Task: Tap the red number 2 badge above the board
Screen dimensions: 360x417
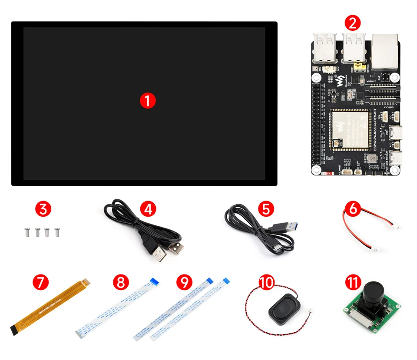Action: tap(352, 22)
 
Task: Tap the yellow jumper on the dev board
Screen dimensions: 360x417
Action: tap(359, 66)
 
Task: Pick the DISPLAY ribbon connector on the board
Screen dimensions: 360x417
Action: tap(381, 103)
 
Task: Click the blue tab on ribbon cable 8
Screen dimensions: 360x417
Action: tap(153, 281)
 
